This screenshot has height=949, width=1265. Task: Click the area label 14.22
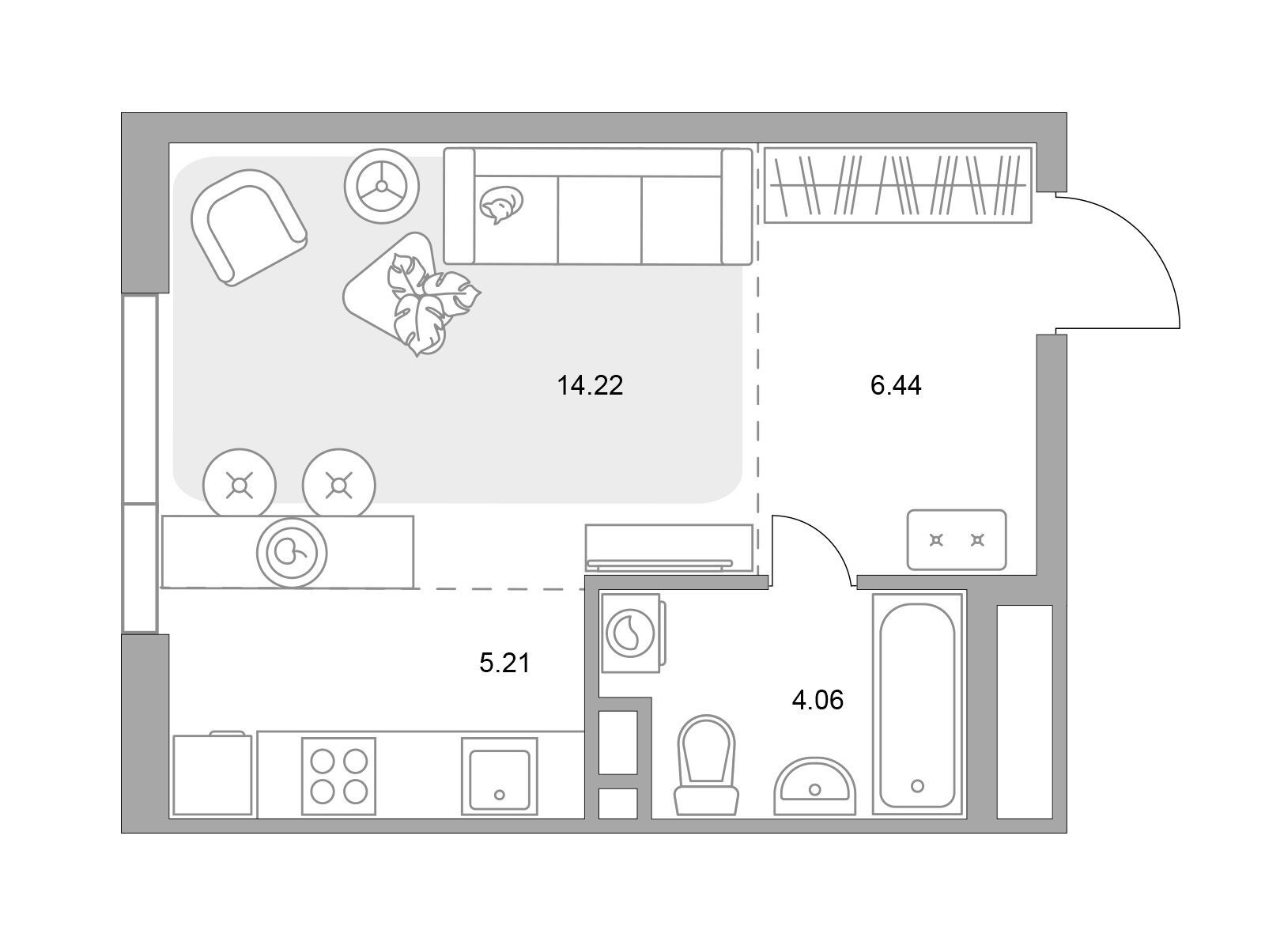[x=590, y=385]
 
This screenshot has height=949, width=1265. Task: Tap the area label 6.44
[x=896, y=385]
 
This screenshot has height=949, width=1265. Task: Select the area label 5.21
[x=504, y=663]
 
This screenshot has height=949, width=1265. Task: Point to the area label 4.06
[x=818, y=700]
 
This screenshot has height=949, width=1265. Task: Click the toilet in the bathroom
[x=706, y=766]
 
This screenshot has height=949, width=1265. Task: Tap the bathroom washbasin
[x=814, y=787]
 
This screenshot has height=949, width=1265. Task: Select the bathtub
[x=917, y=704]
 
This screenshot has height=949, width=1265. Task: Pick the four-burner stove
[x=339, y=776]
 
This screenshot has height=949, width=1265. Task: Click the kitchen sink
[x=499, y=776]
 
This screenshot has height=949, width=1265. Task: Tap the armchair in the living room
[x=248, y=227]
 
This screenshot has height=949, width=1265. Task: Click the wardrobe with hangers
[x=897, y=184]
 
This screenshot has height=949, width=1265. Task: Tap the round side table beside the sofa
[x=381, y=186]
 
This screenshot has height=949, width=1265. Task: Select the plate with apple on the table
[x=292, y=553]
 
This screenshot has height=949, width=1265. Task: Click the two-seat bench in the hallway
[x=956, y=540]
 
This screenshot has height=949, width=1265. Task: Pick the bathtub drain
[x=917, y=786]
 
